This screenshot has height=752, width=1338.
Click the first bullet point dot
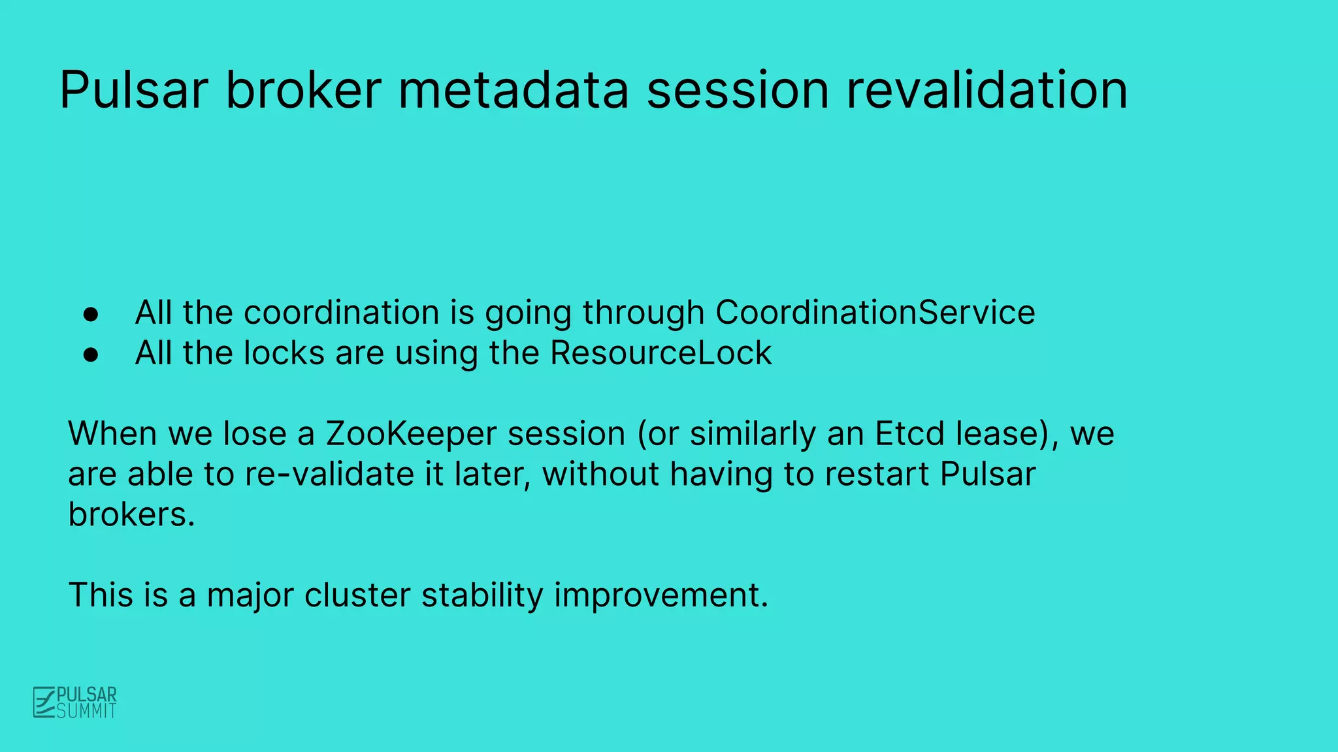click(91, 314)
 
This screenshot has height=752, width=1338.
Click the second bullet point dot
click(91, 354)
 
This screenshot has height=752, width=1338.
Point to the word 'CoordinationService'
click(875, 312)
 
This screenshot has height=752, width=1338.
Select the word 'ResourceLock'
click(661, 353)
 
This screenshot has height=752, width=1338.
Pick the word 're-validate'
click(329, 474)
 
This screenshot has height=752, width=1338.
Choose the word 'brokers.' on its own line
click(131, 514)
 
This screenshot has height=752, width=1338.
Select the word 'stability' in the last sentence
click(482, 595)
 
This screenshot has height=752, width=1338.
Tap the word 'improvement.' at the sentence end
click(661, 595)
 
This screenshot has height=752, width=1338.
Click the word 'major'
click(250, 595)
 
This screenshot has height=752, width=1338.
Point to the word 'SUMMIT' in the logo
click(86, 711)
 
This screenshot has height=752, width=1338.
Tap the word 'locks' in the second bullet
click(284, 353)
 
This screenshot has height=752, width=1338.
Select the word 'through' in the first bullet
click(643, 312)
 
